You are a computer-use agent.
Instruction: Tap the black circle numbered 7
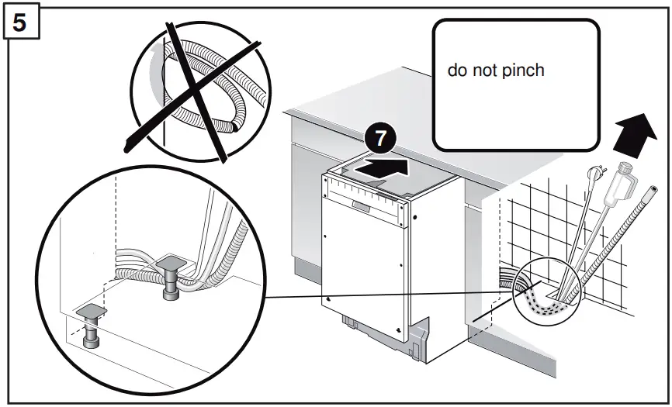click(x=379, y=140)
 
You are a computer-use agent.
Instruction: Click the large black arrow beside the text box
click(x=633, y=133)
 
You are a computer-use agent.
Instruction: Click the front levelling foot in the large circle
click(x=92, y=326)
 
